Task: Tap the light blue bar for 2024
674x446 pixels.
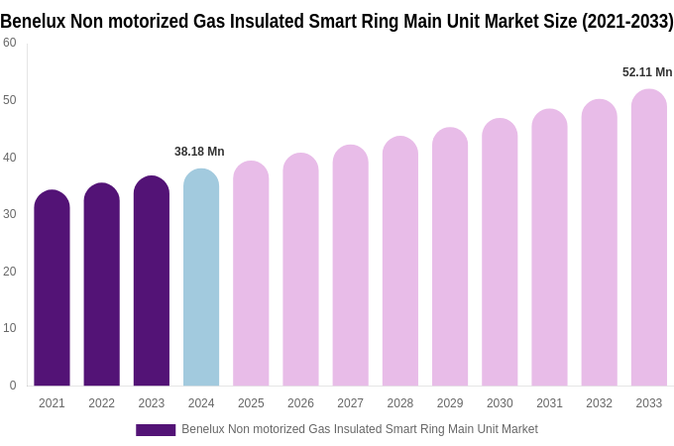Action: pyautogui.click(x=201, y=278)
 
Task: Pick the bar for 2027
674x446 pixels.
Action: pyautogui.click(x=350, y=266)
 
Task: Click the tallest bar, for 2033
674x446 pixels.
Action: pyautogui.click(x=649, y=238)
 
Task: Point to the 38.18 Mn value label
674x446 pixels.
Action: pyautogui.click(x=199, y=152)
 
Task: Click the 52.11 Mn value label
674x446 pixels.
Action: pyautogui.click(x=647, y=72)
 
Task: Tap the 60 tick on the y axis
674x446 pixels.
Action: pyautogui.click(x=10, y=43)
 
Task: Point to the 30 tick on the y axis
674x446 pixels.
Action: pyautogui.click(x=10, y=214)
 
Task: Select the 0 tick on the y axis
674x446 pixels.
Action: pyautogui.click(x=13, y=386)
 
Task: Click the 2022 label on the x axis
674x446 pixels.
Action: pyautogui.click(x=101, y=403)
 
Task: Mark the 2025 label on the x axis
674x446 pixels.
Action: pyautogui.click(x=251, y=403)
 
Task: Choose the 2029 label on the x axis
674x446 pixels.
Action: pyautogui.click(x=450, y=403)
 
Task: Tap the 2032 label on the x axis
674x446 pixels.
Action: pyautogui.click(x=599, y=403)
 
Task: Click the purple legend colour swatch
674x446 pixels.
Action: pyautogui.click(x=156, y=430)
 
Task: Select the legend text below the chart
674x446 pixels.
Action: pyautogui.click(x=359, y=429)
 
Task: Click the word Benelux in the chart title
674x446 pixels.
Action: pyautogui.click(x=33, y=21)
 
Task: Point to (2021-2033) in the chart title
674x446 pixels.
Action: pyautogui.click(x=627, y=21)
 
